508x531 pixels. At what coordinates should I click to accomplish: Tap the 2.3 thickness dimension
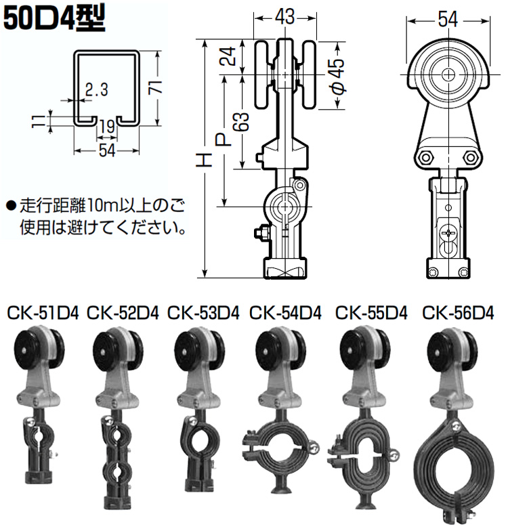(x=96, y=89)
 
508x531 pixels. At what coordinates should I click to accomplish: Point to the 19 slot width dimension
(x=107, y=127)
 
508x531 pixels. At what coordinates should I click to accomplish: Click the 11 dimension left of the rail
(x=39, y=121)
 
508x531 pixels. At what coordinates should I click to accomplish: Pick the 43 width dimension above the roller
(x=284, y=16)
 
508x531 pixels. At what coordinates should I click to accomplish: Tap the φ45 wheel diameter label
(x=337, y=76)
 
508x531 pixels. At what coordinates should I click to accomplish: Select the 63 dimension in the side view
(x=241, y=121)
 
